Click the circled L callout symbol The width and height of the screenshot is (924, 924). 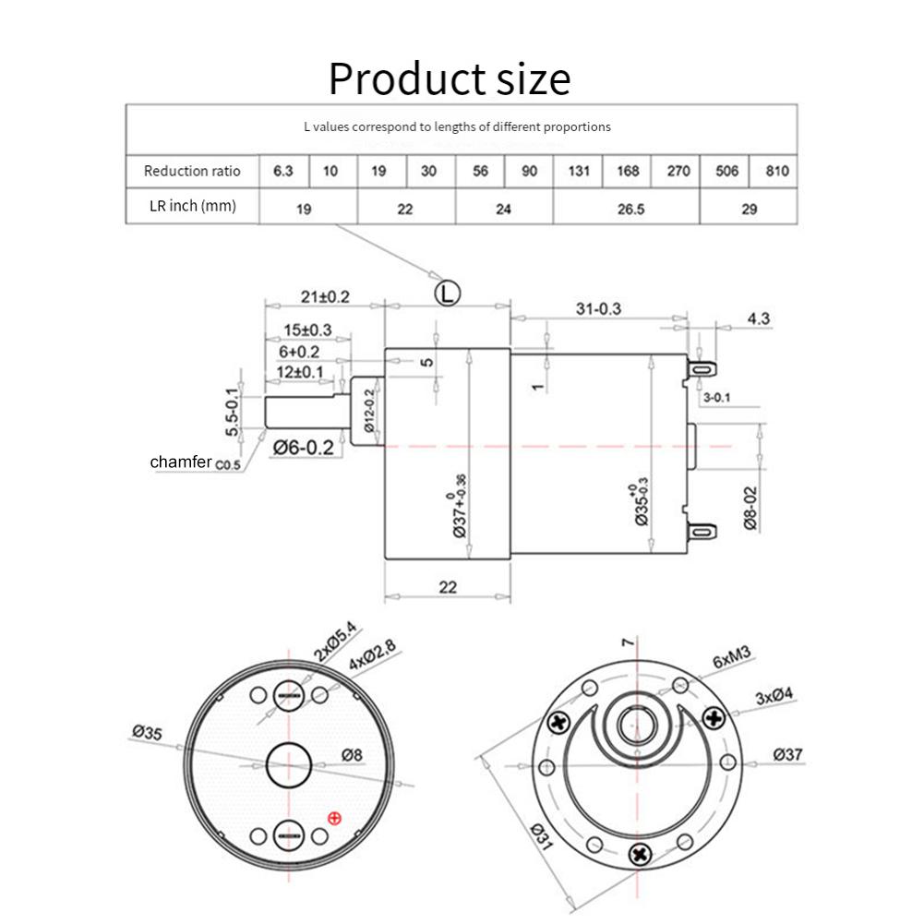(x=448, y=294)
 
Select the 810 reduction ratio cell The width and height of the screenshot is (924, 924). (x=775, y=171)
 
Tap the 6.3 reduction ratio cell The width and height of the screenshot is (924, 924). (x=283, y=171)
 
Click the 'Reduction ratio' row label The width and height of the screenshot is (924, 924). (x=192, y=171)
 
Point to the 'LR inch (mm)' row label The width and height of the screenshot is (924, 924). (x=192, y=206)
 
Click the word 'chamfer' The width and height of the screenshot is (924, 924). (x=182, y=461)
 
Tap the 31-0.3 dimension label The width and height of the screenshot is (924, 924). (x=598, y=309)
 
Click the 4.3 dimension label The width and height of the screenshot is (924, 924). (x=759, y=318)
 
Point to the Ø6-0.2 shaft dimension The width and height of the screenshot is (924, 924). (x=304, y=448)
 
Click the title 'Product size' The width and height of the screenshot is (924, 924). (x=450, y=78)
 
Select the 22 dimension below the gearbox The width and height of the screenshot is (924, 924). (x=448, y=587)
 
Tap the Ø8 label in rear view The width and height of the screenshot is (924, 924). (x=352, y=754)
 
